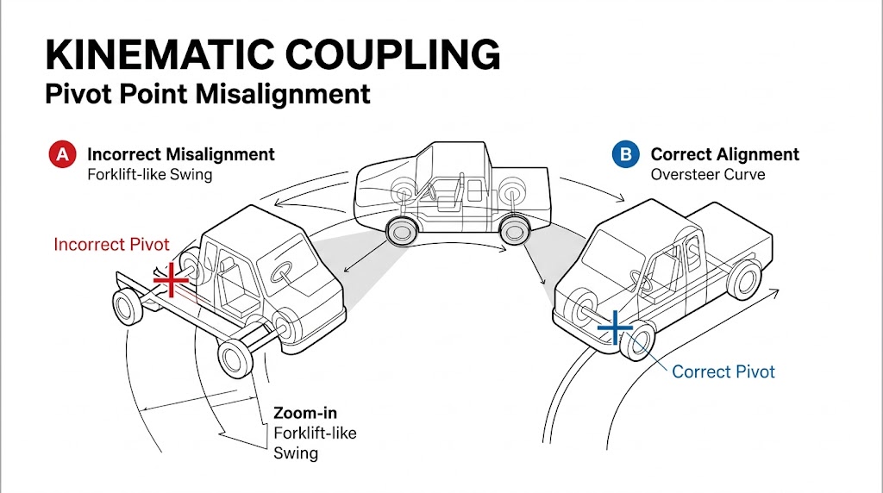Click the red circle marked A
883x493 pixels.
point(61,155)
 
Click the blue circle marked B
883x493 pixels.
point(624,155)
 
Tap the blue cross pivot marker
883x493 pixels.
point(614,328)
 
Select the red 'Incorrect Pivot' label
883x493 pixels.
point(111,245)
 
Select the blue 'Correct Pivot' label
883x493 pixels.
point(723,372)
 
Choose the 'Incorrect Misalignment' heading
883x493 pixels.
point(181,154)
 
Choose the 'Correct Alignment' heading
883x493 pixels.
point(724,155)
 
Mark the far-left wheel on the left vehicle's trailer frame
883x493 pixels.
point(127,308)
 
